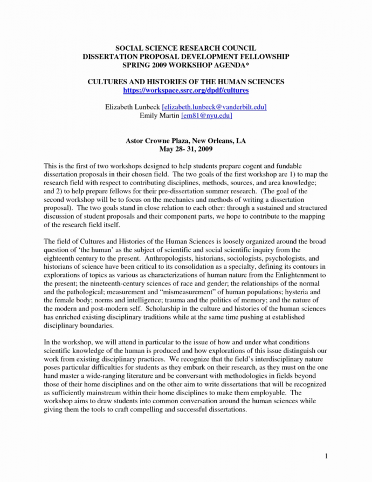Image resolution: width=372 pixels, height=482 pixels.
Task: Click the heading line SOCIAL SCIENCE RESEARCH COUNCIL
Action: coord(185,48)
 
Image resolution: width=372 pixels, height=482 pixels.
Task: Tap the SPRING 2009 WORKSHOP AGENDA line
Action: coord(185,64)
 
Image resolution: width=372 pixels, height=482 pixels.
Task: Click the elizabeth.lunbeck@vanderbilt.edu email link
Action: coord(214,107)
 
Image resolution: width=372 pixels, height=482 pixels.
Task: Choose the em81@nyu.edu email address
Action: coord(206,115)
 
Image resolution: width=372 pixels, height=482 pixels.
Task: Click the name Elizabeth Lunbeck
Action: coord(132,107)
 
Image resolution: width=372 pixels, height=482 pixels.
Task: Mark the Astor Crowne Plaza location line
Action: coord(185,140)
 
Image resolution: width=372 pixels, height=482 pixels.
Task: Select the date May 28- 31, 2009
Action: coord(185,148)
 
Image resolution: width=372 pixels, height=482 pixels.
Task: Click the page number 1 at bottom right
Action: coord(327,457)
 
